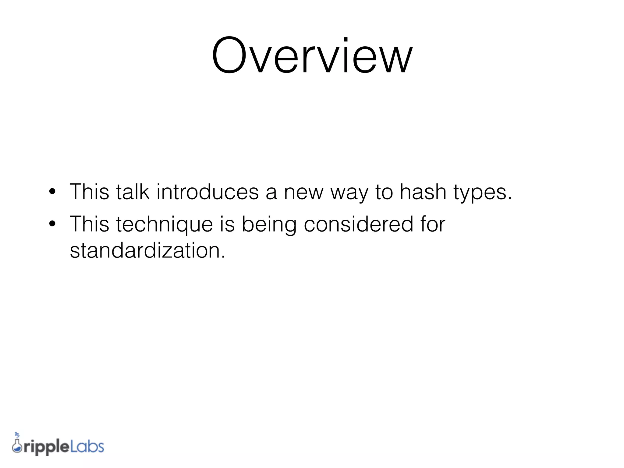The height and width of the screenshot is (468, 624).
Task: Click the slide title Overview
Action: (x=312, y=55)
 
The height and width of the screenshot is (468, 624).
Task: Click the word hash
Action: (x=423, y=192)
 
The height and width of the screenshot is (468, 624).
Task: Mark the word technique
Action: (x=165, y=225)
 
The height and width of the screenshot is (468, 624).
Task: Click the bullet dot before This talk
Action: (x=52, y=192)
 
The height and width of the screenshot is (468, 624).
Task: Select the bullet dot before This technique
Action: (x=52, y=224)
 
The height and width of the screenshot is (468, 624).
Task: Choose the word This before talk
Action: (x=89, y=192)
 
